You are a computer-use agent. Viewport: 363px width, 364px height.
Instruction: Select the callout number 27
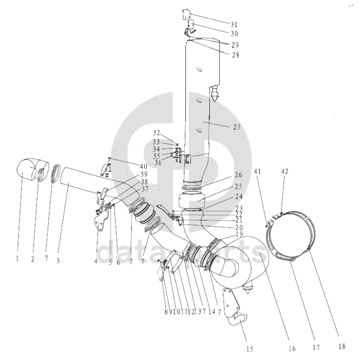[236, 127]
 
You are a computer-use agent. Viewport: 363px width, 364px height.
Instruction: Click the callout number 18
[342, 347]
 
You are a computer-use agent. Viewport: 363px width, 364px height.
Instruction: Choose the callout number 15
[250, 348]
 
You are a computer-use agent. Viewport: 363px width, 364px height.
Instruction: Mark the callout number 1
[17, 259]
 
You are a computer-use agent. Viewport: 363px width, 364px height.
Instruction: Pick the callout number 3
[58, 261]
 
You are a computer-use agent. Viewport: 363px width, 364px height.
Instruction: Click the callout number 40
[143, 166]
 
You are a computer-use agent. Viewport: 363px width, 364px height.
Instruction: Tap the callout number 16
[292, 347]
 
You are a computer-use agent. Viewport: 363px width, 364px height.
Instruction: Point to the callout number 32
[157, 133]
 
